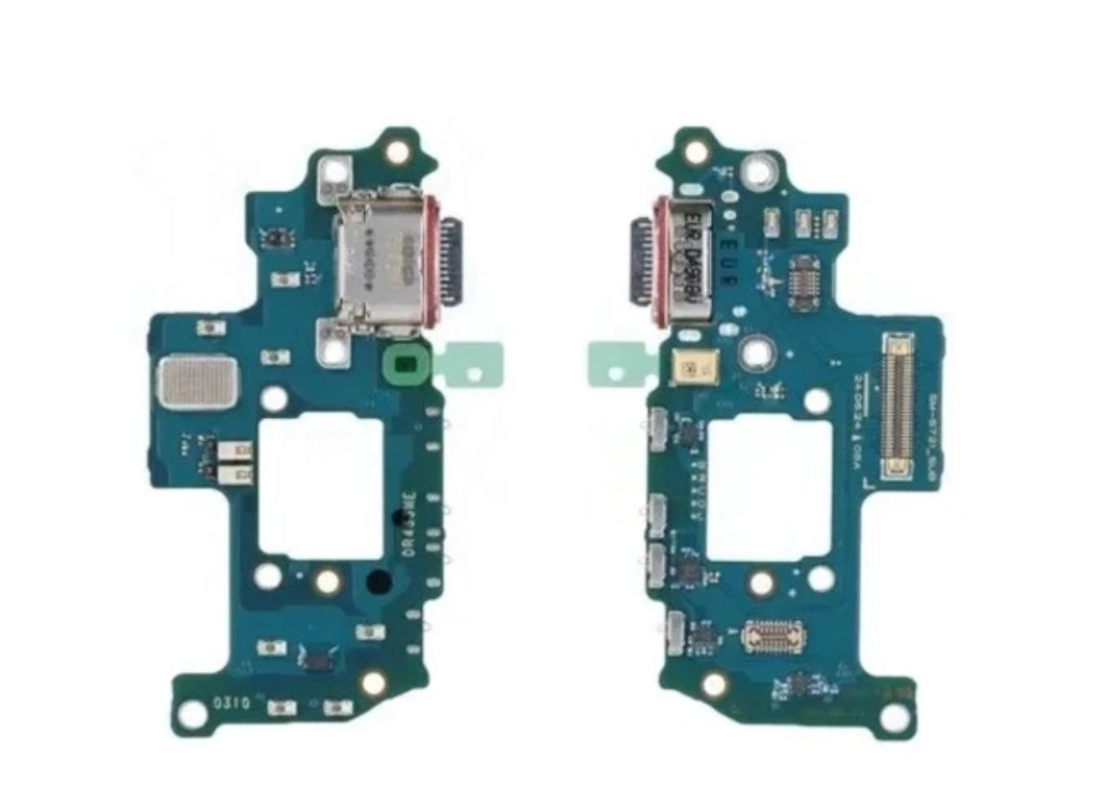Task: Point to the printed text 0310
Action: click(x=230, y=703)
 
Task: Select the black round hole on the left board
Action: click(x=379, y=580)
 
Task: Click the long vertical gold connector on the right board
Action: click(x=896, y=409)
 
